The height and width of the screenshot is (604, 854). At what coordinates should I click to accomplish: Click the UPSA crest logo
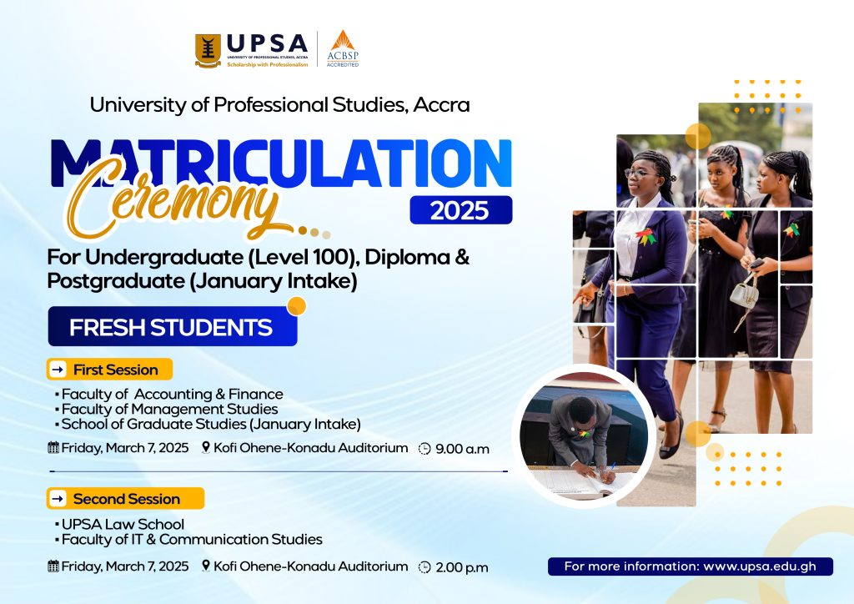click(208, 51)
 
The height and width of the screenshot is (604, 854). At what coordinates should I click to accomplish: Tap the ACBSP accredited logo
click(341, 48)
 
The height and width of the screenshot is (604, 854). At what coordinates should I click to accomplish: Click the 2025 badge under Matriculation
click(460, 209)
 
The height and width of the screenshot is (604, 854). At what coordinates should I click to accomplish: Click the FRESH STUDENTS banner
click(171, 327)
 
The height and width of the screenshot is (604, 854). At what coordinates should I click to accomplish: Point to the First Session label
click(114, 369)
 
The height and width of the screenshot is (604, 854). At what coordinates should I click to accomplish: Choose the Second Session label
click(126, 499)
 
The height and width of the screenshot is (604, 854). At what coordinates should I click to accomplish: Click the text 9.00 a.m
click(462, 449)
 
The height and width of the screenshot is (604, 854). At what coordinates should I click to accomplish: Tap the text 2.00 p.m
click(461, 567)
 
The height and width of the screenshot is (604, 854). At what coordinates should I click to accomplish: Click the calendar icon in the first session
click(54, 448)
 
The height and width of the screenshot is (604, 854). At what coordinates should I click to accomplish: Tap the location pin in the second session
click(206, 566)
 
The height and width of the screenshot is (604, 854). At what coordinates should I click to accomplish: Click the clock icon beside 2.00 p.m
click(424, 567)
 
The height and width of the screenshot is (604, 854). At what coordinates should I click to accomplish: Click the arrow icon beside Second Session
click(58, 499)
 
